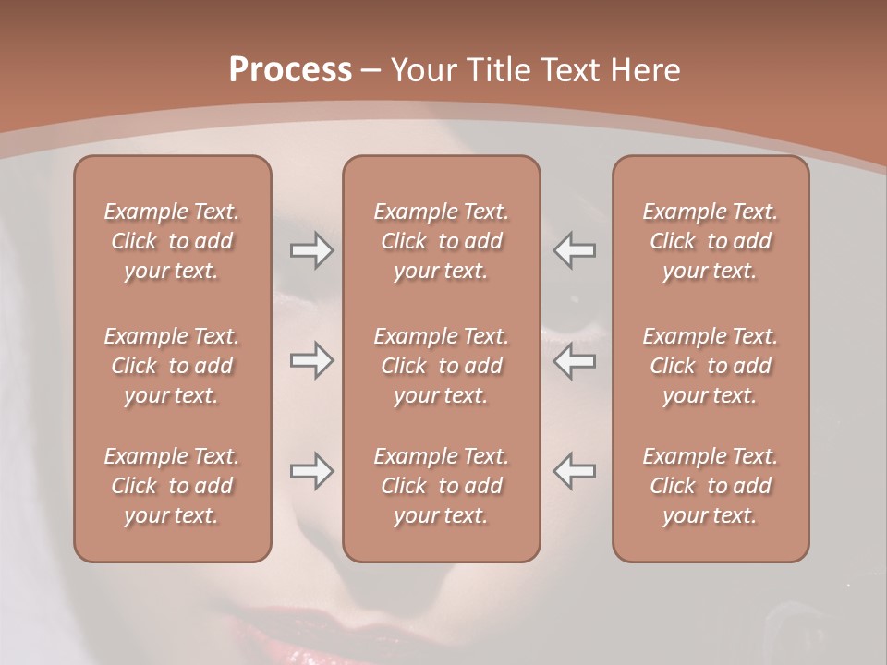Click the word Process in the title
(x=290, y=70)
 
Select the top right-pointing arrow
(x=312, y=250)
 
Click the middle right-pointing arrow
(x=312, y=360)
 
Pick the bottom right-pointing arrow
(x=312, y=471)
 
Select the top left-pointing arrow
(x=575, y=250)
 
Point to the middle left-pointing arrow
(x=575, y=360)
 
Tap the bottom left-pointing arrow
(x=575, y=471)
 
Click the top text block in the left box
(x=172, y=241)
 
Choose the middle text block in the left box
(x=172, y=366)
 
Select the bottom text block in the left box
(x=172, y=486)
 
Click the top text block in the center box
(x=442, y=241)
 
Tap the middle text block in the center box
(x=442, y=366)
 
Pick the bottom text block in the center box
(x=442, y=486)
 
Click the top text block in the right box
(x=711, y=241)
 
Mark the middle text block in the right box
(x=711, y=366)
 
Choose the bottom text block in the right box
(x=711, y=486)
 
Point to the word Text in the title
(x=569, y=70)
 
